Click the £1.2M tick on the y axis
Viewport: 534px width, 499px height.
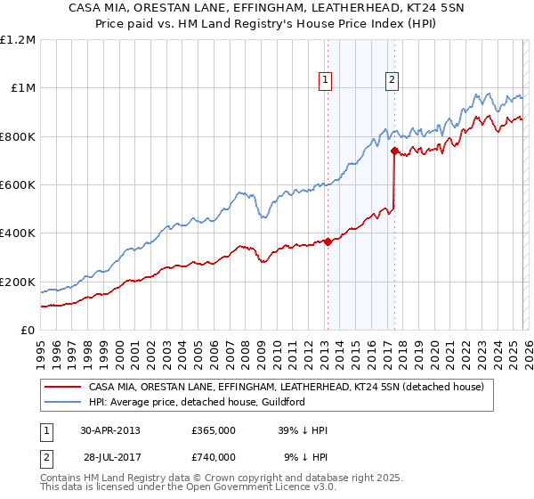[x=18, y=40]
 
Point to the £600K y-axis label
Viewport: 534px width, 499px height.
[x=18, y=185]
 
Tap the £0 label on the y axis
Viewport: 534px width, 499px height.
[x=28, y=331]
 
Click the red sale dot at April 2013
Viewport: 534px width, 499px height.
[x=328, y=241]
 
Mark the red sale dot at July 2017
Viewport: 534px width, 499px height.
[x=394, y=151]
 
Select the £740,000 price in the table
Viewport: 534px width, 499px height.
[x=214, y=457]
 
